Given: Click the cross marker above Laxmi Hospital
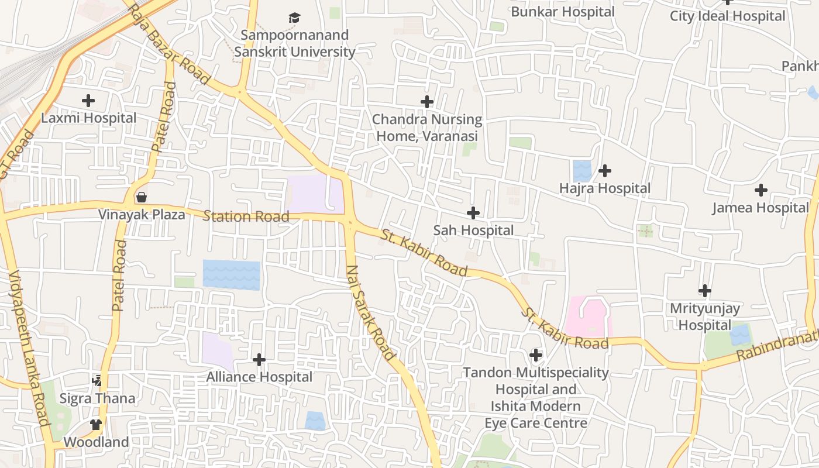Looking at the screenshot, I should [88, 101].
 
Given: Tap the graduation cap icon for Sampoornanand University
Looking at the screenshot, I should [294, 18].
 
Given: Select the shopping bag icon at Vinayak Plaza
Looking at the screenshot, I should [141, 197].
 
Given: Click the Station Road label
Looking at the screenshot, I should [246, 216].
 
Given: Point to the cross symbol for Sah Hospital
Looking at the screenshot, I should [473, 213].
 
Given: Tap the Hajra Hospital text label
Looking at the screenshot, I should [604, 188].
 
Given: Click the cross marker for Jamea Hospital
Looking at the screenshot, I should [760, 190].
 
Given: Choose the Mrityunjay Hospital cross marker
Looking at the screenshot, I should [705, 290].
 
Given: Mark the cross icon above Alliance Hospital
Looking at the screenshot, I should [259, 359].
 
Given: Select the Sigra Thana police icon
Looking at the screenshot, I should [97, 381].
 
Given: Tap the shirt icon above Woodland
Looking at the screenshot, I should [96, 424].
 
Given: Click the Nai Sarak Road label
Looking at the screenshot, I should [371, 313].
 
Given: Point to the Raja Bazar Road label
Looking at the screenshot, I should [169, 44].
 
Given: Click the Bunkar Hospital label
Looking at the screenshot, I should [563, 12].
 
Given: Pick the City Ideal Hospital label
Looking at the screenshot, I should [727, 16].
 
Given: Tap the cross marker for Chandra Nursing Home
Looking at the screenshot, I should [427, 102].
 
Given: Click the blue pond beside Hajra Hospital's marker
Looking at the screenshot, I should [582, 170].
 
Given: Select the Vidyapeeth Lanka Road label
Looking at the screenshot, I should [29, 348].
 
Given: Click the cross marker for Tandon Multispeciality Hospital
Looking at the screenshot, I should [535, 355].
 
